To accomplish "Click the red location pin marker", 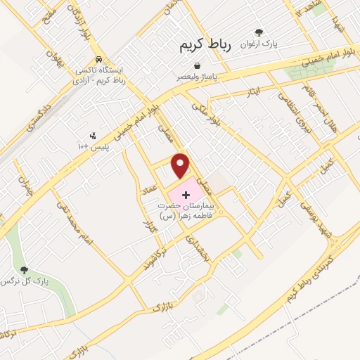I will (x=182, y=165).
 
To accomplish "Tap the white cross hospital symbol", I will (x=186, y=193).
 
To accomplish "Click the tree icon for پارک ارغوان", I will (x=259, y=32).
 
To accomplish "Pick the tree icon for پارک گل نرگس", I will (x=25, y=270).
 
